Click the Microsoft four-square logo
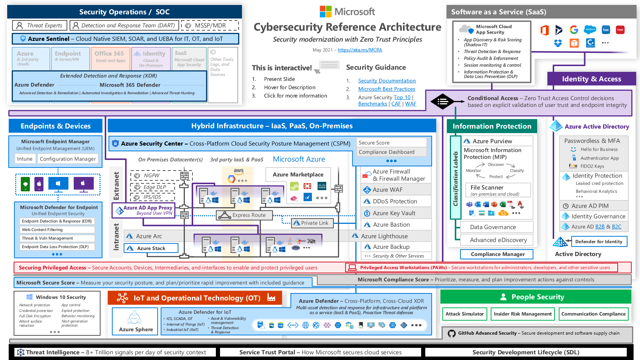(x=325, y=12)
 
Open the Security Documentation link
(x=387, y=81)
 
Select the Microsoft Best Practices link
(x=386, y=89)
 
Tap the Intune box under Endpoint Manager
(x=25, y=159)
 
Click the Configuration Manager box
(x=68, y=159)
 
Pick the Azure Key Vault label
(x=394, y=213)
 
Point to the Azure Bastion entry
(x=391, y=225)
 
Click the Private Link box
(x=312, y=223)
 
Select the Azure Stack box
(x=151, y=248)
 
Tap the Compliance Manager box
(x=497, y=254)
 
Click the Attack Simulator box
(x=464, y=314)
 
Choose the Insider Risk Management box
(x=522, y=314)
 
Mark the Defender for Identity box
(x=598, y=242)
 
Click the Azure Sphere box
(x=135, y=321)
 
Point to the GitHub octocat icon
(x=451, y=333)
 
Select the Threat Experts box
(x=40, y=25)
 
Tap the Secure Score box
(x=391, y=143)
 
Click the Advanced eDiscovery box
(x=498, y=240)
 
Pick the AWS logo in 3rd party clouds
(x=239, y=171)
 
